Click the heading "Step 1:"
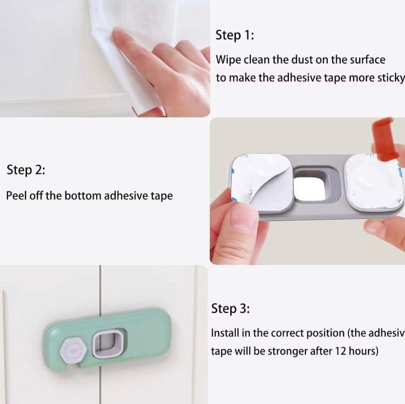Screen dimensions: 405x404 pyautogui.click(x=235, y=35)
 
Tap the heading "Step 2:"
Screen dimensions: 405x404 pyautogui.click(x=26, y=170)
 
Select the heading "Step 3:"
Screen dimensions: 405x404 pyautogui.click(x=231, y=309)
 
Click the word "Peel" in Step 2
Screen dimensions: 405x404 pyautogui.click(x=16, y=196)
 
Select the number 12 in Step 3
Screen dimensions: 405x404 pyautogui.click(x=341, y=351)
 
